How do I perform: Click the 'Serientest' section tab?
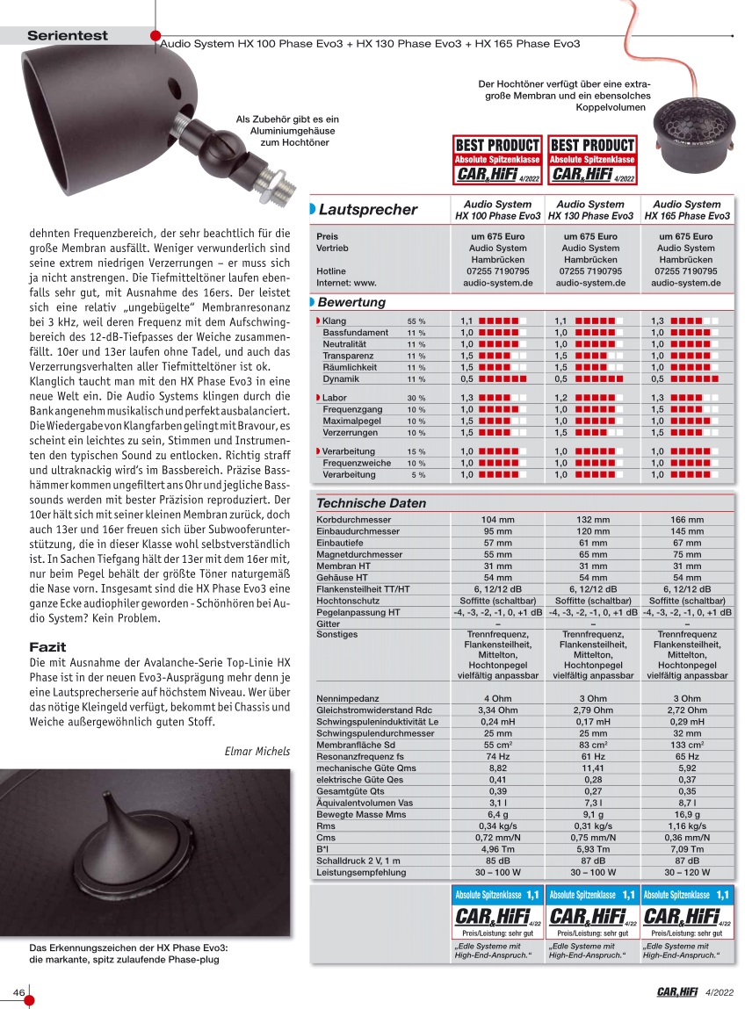click(68, 36)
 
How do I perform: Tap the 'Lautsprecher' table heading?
click(367, 209)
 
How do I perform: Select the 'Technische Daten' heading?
click(371, 503)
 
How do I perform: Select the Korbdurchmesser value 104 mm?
click(497, 520)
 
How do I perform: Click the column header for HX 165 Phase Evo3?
click(687, 210)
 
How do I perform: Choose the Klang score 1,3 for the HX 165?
click(658, 321)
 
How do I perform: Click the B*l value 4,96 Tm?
click(497, 849)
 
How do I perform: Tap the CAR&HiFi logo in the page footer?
click(676, 992)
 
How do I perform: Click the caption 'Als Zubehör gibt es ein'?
click(286, 119)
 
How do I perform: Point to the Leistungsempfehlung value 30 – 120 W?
click(687, 873)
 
